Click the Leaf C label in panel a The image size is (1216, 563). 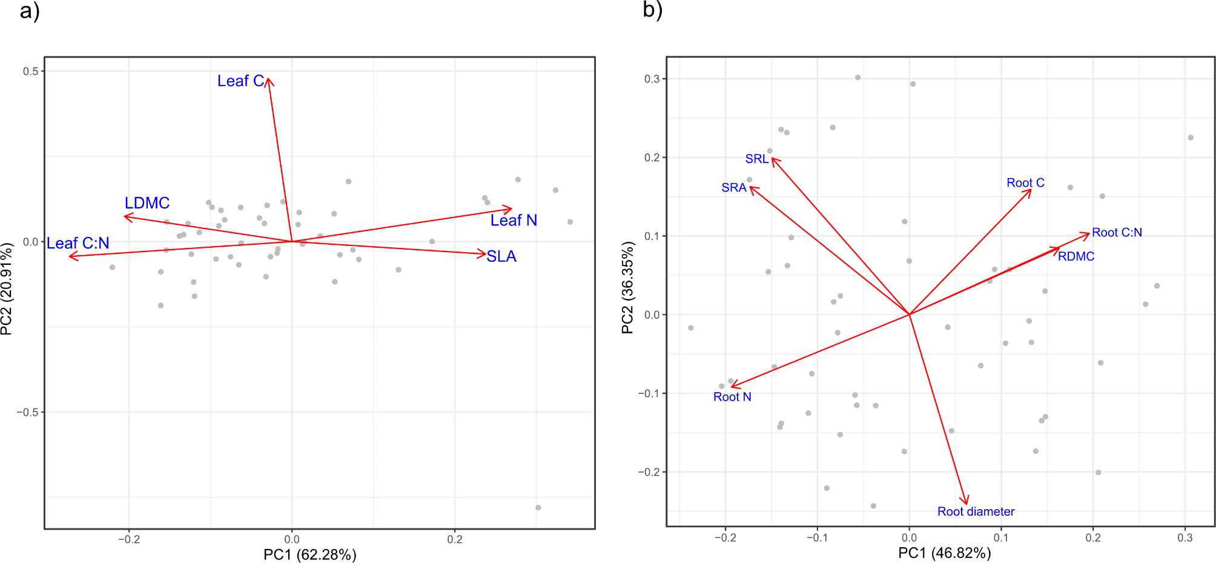pyautogui.click(x=240, y=81)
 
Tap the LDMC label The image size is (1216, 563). pyautogui.click(x=147, y=203)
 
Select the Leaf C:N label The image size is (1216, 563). pyautogui.click(x=78, y=244)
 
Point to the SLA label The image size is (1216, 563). pyautogui.click(x=501, y=256)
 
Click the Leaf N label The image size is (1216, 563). pyautogui.click(x=514, y=221)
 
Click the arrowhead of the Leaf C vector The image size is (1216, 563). pyautogui.click(x=269, y=79)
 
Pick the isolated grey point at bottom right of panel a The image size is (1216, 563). pyautogui.click(x=538, y=507)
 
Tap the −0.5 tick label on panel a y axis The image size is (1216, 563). pyautogui.click(x=27, y=412)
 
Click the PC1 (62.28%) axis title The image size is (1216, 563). pyautogui.click(x=309, y=555)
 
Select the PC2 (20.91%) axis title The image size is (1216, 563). pyautogui.click(x=7, y=288)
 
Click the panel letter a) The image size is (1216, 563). pyautogui.click(x=30, y=10)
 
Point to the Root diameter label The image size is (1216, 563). pyautogui.click(x=976, y=511)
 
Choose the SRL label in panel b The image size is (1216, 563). pyautogui.click(x=756, y=159)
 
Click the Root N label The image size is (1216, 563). pyautogui.click(x=732, y=397)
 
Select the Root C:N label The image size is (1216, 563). pyautogui.click(x=1117, y=233)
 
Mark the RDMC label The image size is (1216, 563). pyautogui.click(x=1076, y=256)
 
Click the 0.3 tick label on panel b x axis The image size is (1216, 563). pyautogui.click(x=1185, y=538)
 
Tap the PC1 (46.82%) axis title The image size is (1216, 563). pyautogui.click(x=944, y=553)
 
